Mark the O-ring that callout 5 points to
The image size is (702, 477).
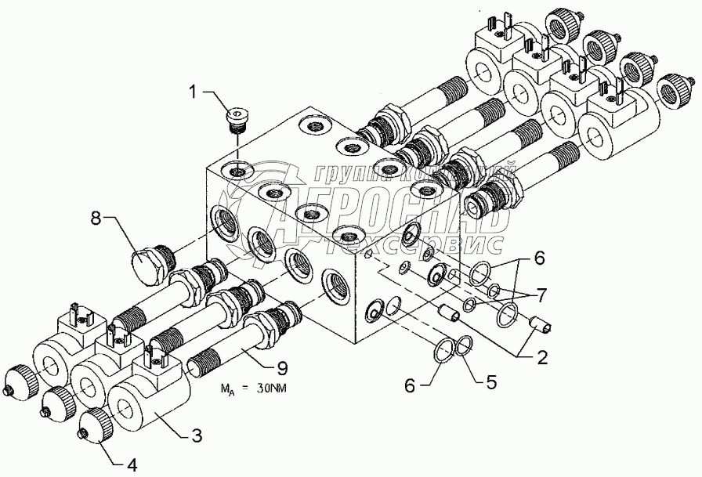[x=464, y=345]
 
